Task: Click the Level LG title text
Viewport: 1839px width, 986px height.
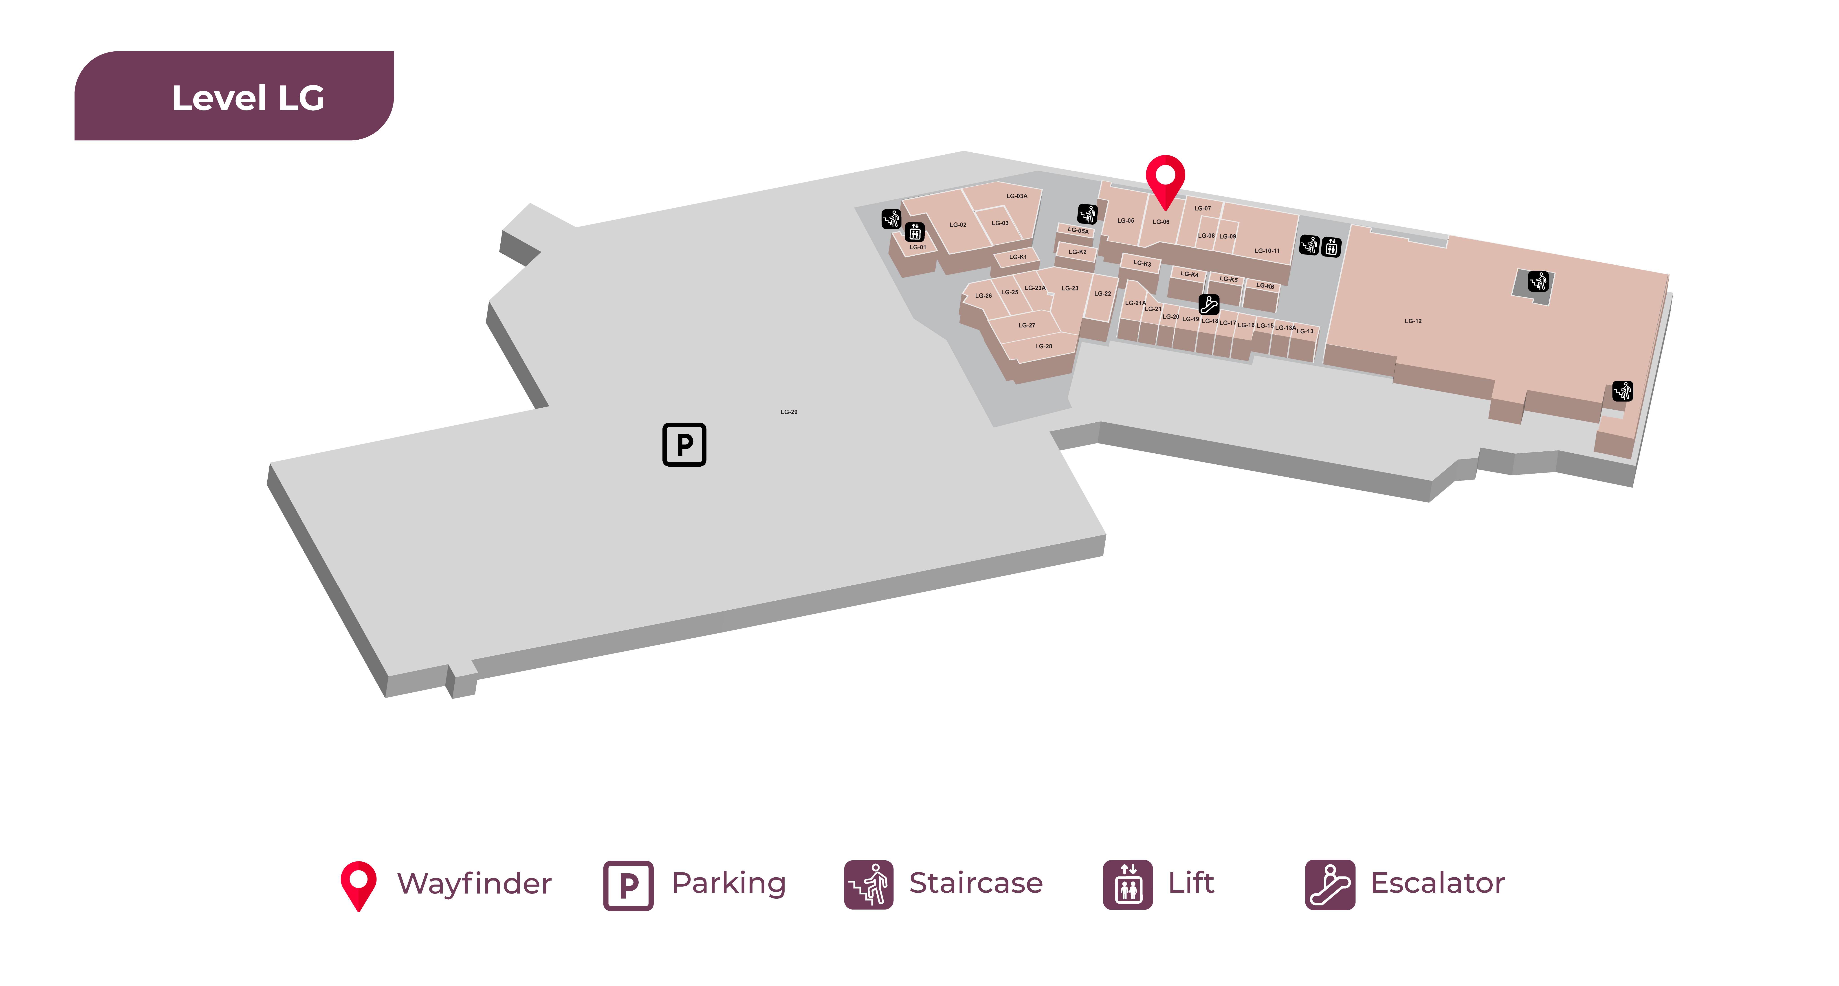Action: tap(248, 98)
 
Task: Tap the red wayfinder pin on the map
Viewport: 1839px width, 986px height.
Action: tap(1165, 178)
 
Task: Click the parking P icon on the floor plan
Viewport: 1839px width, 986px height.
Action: tap(684, 444)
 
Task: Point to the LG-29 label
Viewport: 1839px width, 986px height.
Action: tap(789, 412)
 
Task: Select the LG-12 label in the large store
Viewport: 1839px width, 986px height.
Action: tap(1413, 321)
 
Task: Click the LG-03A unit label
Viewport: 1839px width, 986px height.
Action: tap(1016, 196)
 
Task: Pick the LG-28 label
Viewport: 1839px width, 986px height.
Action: tap(1044, 346)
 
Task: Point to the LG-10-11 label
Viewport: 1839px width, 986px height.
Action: tap(1267, 251)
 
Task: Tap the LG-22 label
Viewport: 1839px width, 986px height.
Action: tap(1103, 293)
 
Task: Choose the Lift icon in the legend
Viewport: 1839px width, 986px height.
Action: tap(1128, 885)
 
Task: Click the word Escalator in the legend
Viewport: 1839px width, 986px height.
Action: tap(1437, 883)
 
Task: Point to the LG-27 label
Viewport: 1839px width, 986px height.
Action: tap(1027, 326)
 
